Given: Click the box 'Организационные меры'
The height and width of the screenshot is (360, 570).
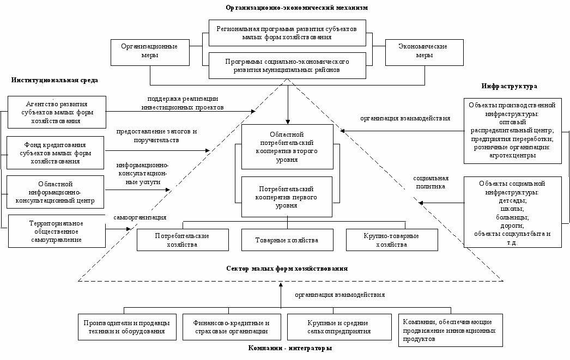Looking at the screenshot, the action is point(150,52).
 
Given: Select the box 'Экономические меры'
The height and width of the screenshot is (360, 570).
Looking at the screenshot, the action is point(424,52).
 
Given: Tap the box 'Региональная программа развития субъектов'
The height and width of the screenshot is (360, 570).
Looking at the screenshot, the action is point(287,33).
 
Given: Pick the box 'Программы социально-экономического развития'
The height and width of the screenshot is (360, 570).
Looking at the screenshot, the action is point(287,66).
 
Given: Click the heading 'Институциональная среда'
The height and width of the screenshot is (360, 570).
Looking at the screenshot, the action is point(54,80).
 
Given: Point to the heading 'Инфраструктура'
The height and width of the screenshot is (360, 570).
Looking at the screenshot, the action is point(510,86).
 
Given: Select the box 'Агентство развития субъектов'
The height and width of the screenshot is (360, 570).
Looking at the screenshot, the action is point(57,112).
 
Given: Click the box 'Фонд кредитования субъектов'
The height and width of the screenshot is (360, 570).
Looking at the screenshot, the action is point(55,153).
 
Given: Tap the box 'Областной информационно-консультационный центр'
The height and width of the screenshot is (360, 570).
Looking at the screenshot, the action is point(55,192).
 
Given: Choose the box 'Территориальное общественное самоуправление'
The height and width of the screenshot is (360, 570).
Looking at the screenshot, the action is point(57,231).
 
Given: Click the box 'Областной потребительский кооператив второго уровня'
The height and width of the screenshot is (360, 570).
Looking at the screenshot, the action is point(287,147).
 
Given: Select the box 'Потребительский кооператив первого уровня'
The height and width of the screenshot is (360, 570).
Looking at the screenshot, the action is point(287,197).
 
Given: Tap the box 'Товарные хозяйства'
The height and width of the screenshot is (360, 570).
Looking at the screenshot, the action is point(287,240).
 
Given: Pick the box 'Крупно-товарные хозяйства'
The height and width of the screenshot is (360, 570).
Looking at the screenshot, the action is point(392,240).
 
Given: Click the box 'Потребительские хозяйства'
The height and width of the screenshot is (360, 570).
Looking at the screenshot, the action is point(183,240).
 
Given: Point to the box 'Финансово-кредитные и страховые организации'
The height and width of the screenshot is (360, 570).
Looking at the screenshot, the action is point(232,327).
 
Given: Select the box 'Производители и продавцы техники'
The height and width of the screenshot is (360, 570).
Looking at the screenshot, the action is point(127,327).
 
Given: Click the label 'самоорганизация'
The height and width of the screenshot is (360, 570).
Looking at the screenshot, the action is point(140,218).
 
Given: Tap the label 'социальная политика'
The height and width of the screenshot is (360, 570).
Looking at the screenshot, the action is point(431,182).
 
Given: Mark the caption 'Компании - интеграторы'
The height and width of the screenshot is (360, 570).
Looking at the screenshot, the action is point(290,348).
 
